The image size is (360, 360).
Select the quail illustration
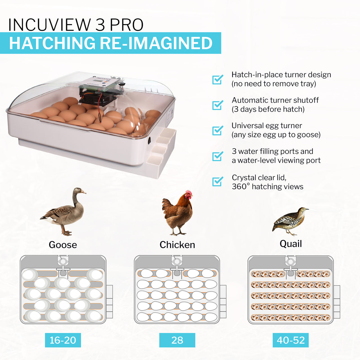290,221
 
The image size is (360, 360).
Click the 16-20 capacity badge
63,340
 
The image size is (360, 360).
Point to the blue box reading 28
177,340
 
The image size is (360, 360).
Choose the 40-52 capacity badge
291,340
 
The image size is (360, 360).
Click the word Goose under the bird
63,245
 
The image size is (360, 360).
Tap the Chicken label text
177,245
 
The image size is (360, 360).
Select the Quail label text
291,244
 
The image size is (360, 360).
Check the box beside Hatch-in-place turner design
217,80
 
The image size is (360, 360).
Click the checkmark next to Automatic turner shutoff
217,105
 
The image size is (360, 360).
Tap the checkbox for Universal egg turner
217,130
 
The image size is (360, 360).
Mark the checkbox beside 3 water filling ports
217,156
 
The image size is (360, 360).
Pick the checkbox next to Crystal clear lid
217,181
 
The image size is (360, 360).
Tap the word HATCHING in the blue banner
52,43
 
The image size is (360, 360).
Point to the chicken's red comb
189,192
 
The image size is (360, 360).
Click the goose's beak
84,192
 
